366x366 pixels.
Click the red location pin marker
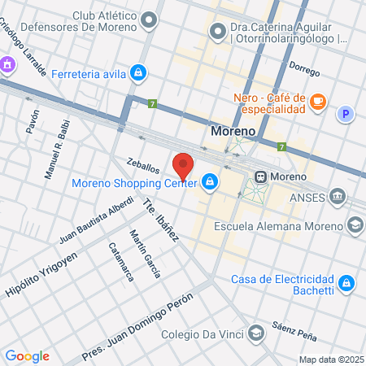tap(184, 165)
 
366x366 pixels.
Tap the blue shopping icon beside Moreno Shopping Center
tap(210, 181)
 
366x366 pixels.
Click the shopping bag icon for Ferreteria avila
tap(139, 73)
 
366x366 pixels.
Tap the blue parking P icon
tap(346, 115)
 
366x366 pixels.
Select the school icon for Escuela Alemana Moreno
tap(355, 224)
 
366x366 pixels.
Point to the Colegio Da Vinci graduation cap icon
tap(255, 332)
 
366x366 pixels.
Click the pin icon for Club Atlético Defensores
tap(149, 20)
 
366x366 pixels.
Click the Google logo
tap(27, 355)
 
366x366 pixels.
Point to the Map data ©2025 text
tap(330, 359)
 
